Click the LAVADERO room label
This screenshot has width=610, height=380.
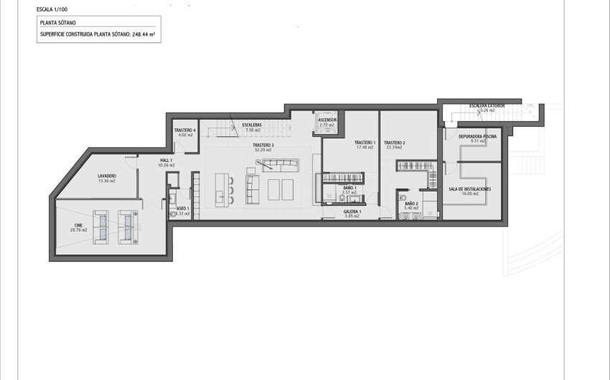click(107, 176)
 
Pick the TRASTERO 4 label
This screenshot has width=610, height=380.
click(185, 130)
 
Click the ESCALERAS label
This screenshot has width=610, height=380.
click(253, 125)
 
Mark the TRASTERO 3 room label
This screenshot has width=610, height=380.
click(263, 146)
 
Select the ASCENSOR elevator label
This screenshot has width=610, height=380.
click(327, 120)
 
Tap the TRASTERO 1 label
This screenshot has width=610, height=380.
click(365, 143)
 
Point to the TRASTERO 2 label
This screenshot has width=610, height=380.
click(395, 143)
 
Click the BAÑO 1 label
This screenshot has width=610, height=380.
click(349, 188)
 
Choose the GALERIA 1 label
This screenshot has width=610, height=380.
click(352, 212)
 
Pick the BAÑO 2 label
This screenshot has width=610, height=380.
click(411, 204)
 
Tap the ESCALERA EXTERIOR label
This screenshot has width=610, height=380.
click(487, 105)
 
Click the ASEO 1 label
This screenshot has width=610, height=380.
click(183, 208)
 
